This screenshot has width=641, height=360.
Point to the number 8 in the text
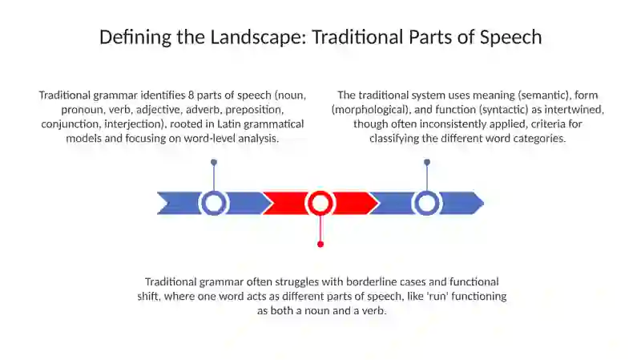tap(191, 95)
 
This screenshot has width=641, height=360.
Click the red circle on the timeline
tap(320, 204)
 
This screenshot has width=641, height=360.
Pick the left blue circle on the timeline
tap(213, 204)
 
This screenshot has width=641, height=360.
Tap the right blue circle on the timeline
tap(427, 204)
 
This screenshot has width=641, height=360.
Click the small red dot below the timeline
tap(320, 245)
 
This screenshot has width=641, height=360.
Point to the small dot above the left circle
tap(214, 163)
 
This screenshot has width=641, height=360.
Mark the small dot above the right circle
tap(427, 163)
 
